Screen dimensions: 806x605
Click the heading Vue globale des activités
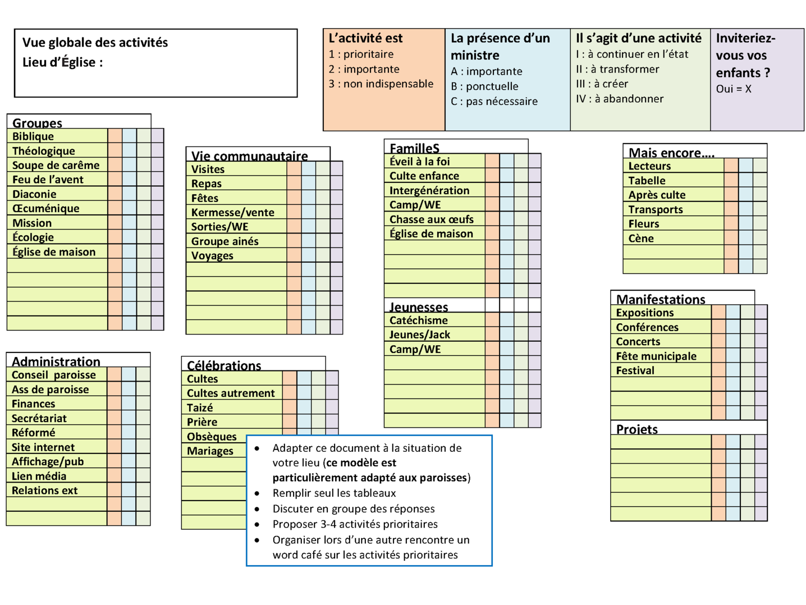[95, 43]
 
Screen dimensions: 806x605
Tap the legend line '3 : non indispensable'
[381, 84]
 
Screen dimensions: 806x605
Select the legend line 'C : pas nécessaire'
[494, 101]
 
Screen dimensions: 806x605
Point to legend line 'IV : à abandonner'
[620, 99]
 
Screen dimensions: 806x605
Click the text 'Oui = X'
[734, 89]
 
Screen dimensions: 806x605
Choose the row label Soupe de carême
[56, 165]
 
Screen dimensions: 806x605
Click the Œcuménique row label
[46, 208]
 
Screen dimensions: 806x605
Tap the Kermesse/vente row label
[233, 212]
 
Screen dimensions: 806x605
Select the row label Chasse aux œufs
[432, 219]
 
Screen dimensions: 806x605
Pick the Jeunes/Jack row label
[420, 334]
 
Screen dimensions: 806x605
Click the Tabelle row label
[647, 181]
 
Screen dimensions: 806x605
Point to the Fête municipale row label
[656, 356]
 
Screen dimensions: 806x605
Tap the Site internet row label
[43, 447]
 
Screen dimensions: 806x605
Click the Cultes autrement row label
[231, 393]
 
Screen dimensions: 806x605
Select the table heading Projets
[636, 429]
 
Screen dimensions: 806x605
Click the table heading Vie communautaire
[249, 155]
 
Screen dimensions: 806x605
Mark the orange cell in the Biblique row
[115, 135]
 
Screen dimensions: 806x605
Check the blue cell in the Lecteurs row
[746, 165]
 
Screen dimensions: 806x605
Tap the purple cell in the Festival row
[761, 370]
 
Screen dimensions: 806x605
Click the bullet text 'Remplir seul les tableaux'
[334, 493]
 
